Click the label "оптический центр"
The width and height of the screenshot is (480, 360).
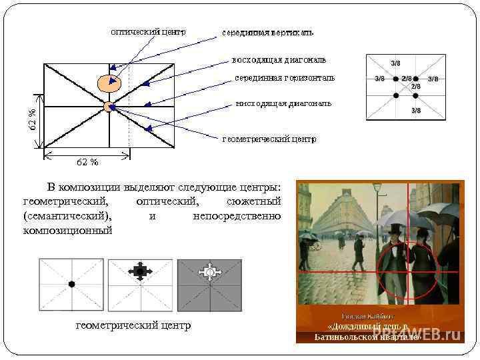[x=148, y=31]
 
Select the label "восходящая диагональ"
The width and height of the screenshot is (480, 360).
[x=279, y=59]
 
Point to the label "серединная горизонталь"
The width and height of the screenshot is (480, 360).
[x=285, y=78]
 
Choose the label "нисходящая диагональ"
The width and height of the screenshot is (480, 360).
[x=283, y=104]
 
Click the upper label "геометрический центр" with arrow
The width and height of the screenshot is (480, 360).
[x=269, y=139]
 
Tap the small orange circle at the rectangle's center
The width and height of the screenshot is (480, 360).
[x=109, y=107]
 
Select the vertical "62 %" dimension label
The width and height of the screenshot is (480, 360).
[x=33, y=119]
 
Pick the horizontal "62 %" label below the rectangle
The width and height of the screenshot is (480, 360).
[x=87, y=161]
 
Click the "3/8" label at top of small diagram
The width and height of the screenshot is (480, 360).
[x=395, y=63]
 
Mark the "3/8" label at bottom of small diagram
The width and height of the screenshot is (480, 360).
[x=416, y=110]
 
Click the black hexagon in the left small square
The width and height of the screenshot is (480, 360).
[x=71, y=284]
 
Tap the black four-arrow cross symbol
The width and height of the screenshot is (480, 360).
[x=140, y=271]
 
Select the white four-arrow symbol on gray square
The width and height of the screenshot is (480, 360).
[x=210, y=272]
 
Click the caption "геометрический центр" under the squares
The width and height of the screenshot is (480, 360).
[x=133, y=325]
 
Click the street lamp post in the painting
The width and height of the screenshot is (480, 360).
[x=377, y=220]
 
